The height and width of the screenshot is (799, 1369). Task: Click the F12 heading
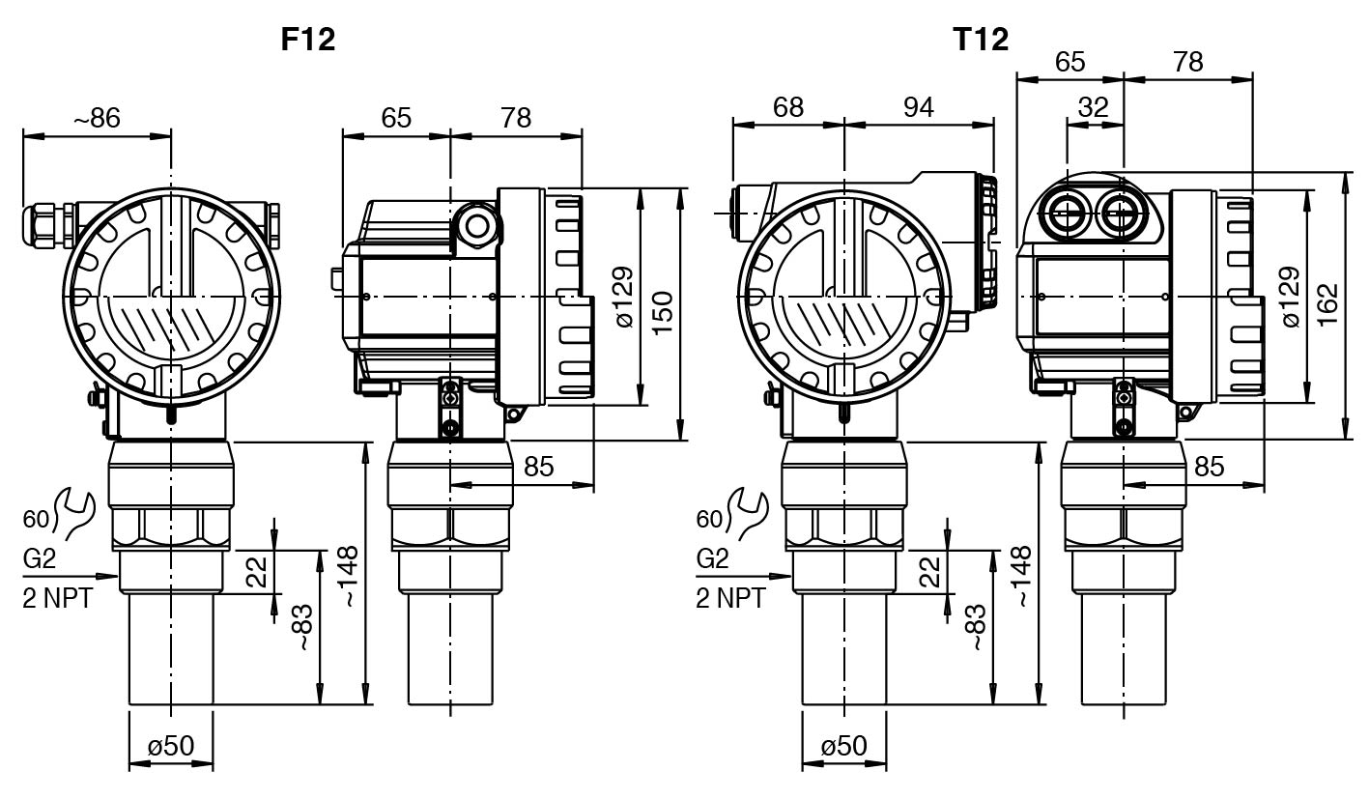coord(308,40)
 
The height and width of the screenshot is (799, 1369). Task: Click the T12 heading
coord(981,40)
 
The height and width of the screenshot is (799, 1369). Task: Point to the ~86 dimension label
coord(98,118)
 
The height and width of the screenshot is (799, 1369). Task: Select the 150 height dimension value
coord(662,314)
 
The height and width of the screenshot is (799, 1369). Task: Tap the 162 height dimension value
coord(1326,304)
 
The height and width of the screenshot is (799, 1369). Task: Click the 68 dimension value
coord(787,107)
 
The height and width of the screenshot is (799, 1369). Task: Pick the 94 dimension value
coord(919,107)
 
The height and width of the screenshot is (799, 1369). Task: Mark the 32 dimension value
coord(1094,107)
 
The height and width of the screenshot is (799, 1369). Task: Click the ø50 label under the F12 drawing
coord(171,746)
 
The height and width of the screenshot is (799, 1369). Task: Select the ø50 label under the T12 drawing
coord(844,746)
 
